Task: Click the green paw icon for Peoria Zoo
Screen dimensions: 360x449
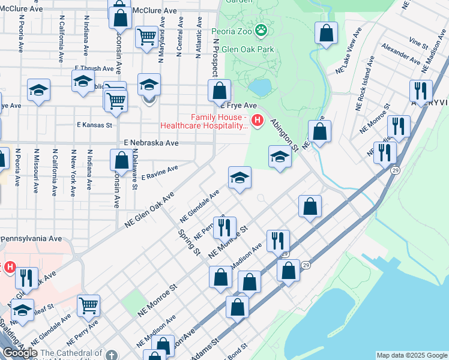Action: point(261,30)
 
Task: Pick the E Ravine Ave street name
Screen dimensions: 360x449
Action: point(160,173)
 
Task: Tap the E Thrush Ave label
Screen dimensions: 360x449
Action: point(94,69)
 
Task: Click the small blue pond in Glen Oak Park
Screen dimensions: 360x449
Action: point(259,88)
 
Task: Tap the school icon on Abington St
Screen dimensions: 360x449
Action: point(280,157)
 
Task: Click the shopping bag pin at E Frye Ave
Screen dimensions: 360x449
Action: point(220,91)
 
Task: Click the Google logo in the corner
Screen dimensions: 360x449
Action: point(20,353)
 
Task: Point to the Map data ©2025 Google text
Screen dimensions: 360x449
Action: point(412,355)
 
